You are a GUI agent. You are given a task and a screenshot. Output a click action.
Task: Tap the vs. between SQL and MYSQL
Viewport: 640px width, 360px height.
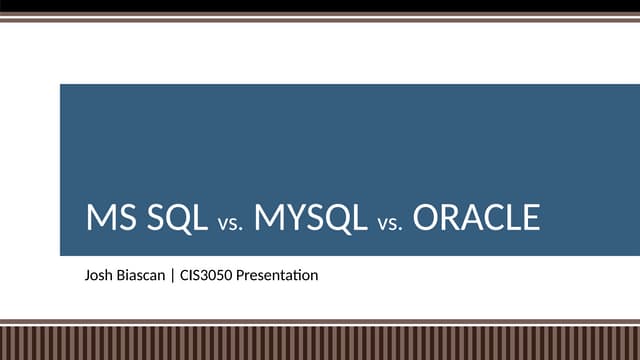(230, 221)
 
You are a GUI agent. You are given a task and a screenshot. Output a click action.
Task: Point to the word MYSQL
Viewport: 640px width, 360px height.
(311, 217)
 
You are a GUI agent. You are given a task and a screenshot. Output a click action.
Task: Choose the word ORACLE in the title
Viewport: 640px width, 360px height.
(476, 217)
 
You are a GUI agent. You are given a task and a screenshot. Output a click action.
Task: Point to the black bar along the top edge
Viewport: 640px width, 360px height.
(320, 6)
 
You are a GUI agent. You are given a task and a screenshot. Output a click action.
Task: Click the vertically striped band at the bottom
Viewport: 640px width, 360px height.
(320, 342)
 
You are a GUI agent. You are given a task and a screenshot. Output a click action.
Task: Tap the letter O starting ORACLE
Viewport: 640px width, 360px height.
(426, 217)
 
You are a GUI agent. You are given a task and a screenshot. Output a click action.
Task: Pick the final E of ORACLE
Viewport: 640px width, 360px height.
(531, 217)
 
